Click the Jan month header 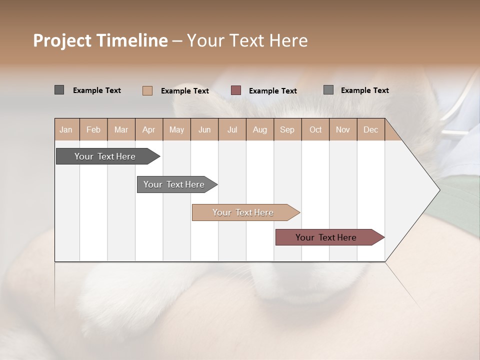coord(66,129)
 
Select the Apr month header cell coord(148,129)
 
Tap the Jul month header coord(232,129)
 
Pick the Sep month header coord(287,129)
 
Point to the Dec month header coord(370,129)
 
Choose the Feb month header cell coord(93,129)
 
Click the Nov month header coord(342,129)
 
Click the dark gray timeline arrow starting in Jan coord(105,156)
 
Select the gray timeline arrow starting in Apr coord(174,184)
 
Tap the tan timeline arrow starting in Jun coord(243,212)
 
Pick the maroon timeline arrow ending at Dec coord(326,237)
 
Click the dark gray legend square coord(59,90)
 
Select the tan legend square coord(147,90)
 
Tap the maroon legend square coord(236,90)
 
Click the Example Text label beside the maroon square coord(272,91)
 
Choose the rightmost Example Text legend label coord(364,90)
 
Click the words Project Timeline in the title coord(100,40)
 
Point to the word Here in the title coord(288,40)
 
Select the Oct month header coord(315,129)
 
